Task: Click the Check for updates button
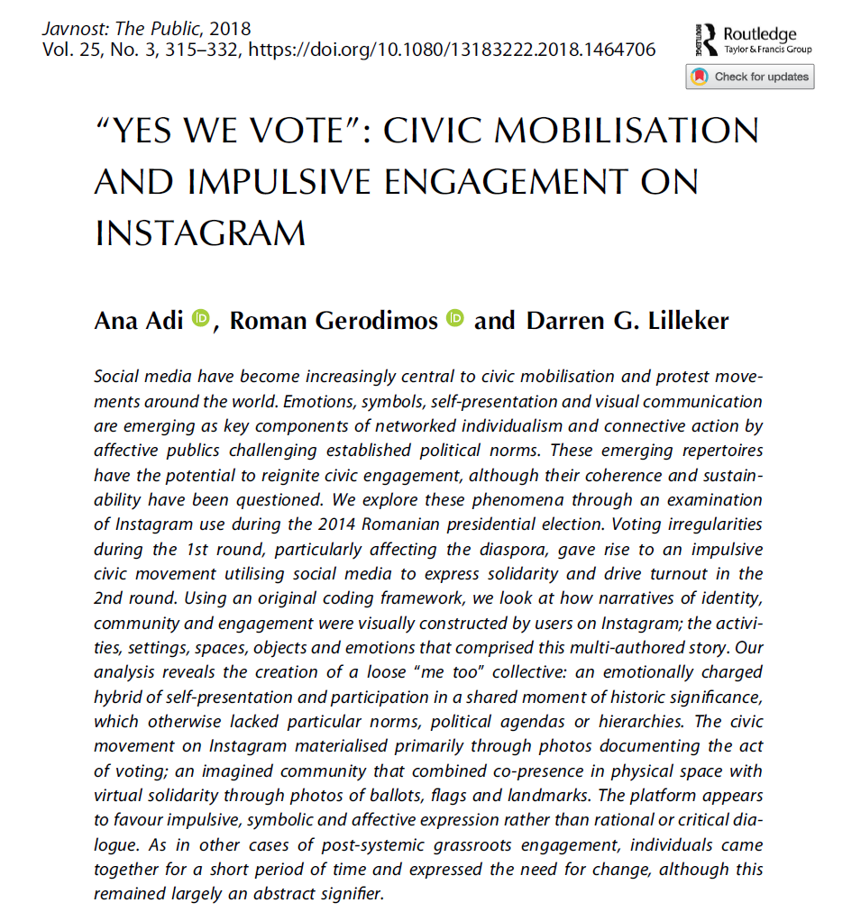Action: coord(749,77)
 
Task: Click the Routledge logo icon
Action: coord(705,39)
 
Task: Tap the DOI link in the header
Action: coord(451,50)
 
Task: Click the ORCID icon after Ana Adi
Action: coord(201,317)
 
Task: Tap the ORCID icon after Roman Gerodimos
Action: coord(455,317)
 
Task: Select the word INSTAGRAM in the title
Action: coord(199,233)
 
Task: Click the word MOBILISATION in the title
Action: coord(638,131)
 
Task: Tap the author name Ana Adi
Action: coord(138,320)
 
